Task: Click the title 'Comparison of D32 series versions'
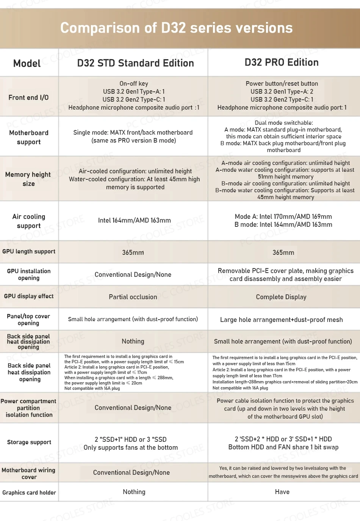click(176, 28)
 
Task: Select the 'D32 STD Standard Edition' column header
click(135, 63)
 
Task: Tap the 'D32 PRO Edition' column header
click(282, 63)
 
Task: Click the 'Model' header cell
click(27, 63)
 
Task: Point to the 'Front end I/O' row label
click(29, 97)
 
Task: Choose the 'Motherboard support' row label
click(29, 137)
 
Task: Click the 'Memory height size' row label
click(28, 179)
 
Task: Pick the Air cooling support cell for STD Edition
click(134, 220)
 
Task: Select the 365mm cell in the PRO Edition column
click(283, 253)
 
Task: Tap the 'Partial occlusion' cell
click(133, 297)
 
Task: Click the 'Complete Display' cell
click(281, 297)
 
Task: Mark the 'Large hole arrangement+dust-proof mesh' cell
click(281, 320)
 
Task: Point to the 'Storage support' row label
click(29, 442)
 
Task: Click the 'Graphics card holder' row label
click(29, 493)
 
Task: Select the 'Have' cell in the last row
click(282, 492)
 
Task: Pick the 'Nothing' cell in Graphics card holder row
click(134, 492)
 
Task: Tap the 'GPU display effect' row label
click(29, 296)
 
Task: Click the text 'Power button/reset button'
click(282, 83)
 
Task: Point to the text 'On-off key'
click(134, 83)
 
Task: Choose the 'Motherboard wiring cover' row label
click(28, 473)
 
